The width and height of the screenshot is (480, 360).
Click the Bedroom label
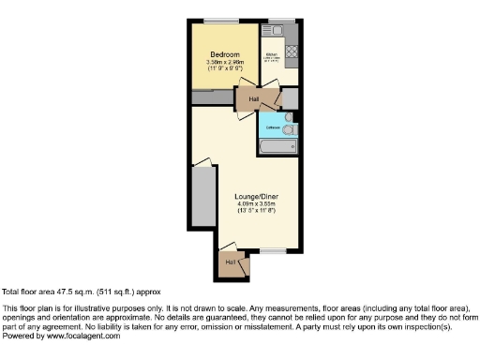[224, 54]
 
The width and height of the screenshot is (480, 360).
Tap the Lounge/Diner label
[256, 196]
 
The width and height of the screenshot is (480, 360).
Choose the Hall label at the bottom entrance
[230, 262]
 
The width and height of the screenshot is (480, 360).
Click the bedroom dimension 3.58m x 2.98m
[224, 63]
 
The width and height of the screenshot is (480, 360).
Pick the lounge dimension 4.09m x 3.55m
[256, 204]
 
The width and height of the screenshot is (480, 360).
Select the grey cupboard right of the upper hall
[289, 97]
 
